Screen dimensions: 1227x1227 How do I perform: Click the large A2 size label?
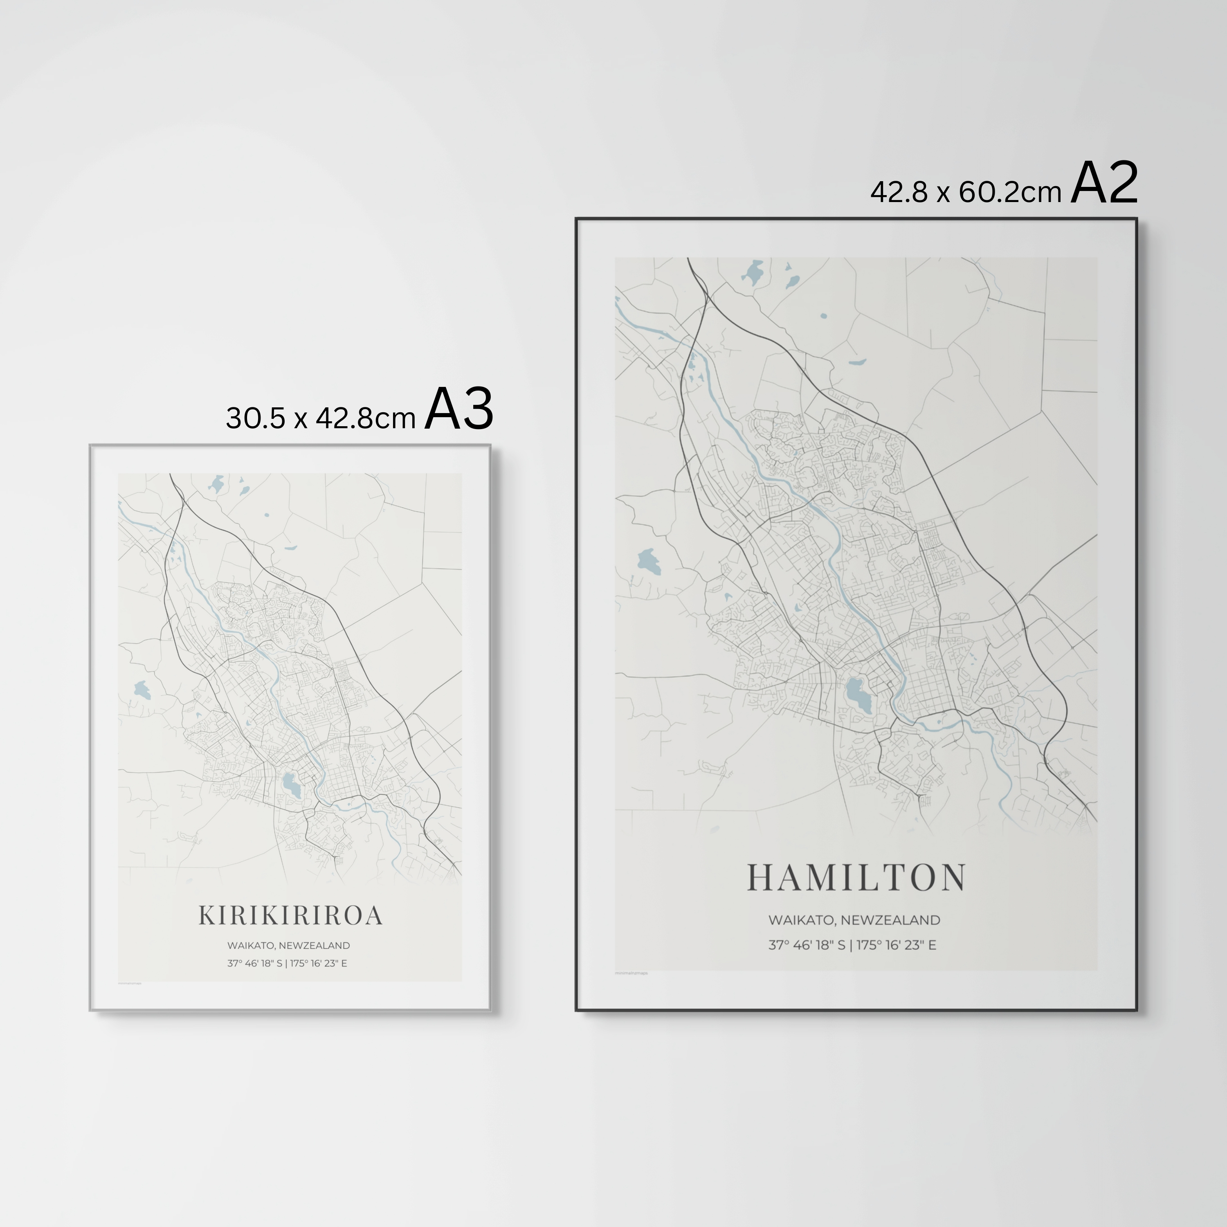(1104, 184)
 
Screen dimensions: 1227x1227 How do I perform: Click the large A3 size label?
(458, 410)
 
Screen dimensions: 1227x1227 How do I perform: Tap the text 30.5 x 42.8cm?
(321, 418)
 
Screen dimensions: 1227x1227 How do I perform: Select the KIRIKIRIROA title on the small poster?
(291, 916)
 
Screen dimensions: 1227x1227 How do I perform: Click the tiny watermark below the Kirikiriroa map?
(130, 983)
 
